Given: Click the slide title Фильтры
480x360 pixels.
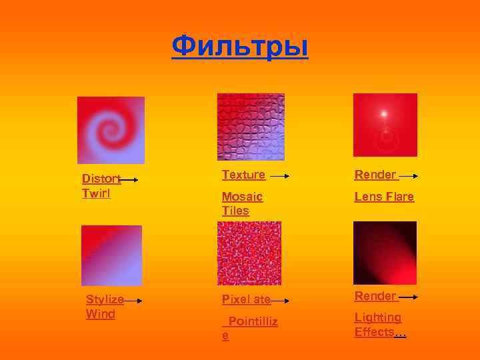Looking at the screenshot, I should (x=240, y=47).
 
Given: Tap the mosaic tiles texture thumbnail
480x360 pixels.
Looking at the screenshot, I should (x=251, y=127).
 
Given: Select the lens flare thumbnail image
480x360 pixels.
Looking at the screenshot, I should (x=385, y=125).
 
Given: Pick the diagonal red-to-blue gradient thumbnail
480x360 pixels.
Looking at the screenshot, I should (x=111, y=255).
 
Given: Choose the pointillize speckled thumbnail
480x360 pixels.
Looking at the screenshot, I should (x=249, y=253).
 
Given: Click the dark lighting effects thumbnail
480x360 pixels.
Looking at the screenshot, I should (x=385, y=253).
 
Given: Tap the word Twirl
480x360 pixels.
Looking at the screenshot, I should (x=95, y=193).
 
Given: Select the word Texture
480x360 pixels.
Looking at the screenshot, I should (x=243, y=175).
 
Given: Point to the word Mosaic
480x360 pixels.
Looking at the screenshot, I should (x=242, y=197).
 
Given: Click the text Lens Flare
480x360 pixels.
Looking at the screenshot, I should (x=384, y=197).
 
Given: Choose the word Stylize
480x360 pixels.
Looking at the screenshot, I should (x=105, y=300).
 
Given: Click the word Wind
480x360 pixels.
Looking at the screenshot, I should (x=101, y=314).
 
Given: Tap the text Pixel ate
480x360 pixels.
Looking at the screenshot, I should (x=246, y=299).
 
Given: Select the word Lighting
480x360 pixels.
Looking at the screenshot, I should (x=378, y=317).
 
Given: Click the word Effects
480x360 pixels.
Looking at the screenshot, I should (x=374, y=331).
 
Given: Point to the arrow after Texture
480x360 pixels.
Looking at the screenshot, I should (x=279, y=177).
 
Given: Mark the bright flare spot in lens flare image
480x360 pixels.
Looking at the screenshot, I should (x=385, y=113).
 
